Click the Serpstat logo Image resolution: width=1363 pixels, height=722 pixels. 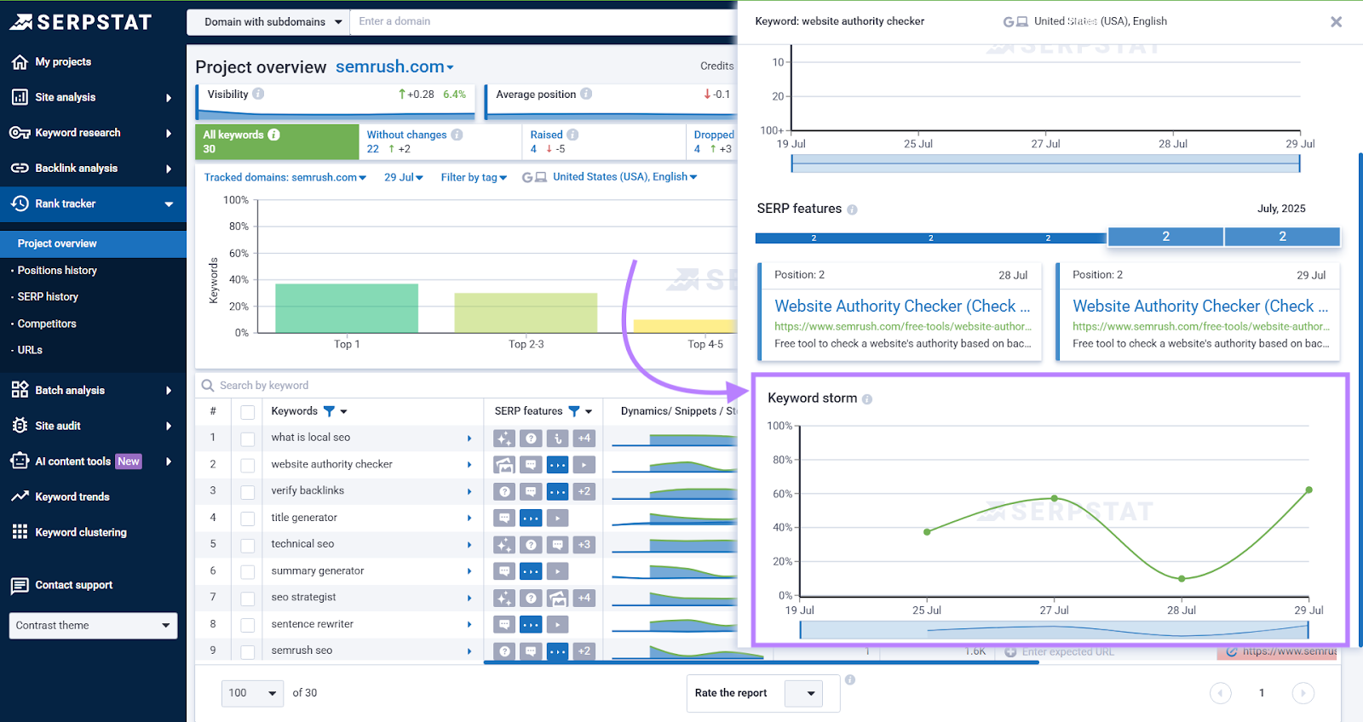(81, 22)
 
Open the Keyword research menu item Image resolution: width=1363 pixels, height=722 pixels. (78, 133)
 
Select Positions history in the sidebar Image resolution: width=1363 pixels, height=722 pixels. (57, 270)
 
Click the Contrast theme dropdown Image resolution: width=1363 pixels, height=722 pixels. (93, 625)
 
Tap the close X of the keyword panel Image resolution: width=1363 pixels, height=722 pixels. (1336, 22)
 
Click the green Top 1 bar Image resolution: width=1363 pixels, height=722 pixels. (347, 308)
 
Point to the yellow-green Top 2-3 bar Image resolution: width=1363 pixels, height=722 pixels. (526, 312)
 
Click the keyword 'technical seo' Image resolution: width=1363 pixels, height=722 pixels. (302, 544)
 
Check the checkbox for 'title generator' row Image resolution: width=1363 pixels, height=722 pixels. (248, 519)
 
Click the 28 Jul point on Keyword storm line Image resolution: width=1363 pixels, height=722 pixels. (1182, 579)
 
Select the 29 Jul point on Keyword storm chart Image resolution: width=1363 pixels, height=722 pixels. (1308, 490)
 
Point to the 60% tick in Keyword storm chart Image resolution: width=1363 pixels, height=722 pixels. (782, 494)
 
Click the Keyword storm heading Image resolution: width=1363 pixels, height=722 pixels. (812, 398)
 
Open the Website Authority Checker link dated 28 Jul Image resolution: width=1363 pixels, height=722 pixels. (901, 306)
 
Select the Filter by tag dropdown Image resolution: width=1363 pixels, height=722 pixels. (474, 177)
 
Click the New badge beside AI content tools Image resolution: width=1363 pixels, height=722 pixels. (129, 461)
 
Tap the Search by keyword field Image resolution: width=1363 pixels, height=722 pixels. (341, 386)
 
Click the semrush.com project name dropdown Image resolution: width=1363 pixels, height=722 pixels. (394, 66)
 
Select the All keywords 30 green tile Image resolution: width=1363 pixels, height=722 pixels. (277, 141)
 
